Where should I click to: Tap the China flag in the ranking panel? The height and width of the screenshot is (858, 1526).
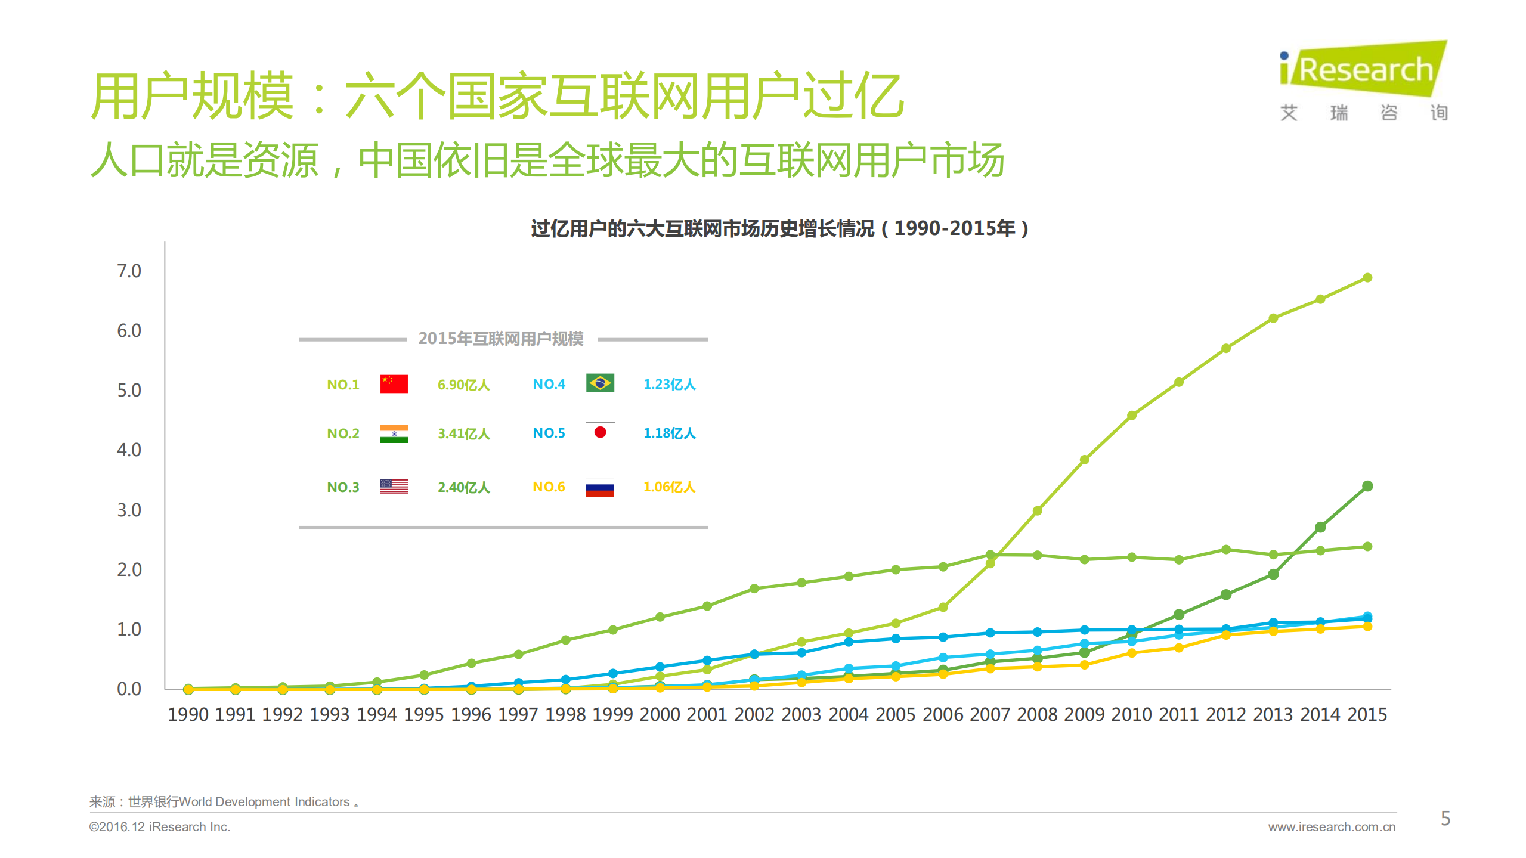[394, 383]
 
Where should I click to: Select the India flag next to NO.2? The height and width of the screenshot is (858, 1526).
[394, 433]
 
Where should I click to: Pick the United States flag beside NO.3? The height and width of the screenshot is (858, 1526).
[394, 487]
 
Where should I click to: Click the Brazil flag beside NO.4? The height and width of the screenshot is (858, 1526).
[599, 383]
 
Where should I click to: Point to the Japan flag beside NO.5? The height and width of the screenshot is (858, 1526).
[599, 432]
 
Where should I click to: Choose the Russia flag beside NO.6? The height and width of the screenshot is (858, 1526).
[599, 487]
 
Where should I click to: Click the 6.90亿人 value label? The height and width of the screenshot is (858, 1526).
[463, 385]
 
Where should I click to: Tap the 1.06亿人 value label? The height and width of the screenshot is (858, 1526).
[669, 487]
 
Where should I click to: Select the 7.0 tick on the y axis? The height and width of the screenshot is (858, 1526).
[129, 271]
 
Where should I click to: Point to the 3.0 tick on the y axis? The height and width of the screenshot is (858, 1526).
[129, 510]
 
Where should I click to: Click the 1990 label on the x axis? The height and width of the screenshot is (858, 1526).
[188, 714]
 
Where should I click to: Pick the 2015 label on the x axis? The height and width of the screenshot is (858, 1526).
[1367, 714]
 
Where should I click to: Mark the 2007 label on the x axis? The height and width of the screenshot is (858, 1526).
[990, 714]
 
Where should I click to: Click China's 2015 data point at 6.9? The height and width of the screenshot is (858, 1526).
[1367, 278]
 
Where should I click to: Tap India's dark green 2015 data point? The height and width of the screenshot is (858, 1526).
[1367, 486]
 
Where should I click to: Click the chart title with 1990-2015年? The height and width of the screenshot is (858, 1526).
[779, 228]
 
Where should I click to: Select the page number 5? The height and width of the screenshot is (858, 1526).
[1445, 818]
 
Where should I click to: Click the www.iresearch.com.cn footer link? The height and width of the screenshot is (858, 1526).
[1332, 827]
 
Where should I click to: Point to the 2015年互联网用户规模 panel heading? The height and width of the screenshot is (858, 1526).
[501, 339]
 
